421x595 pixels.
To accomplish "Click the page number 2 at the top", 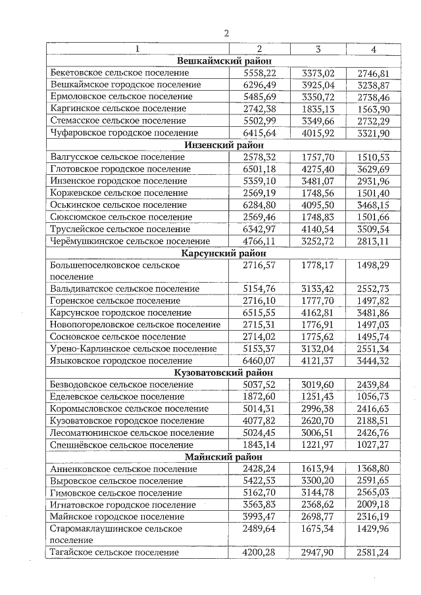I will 226,34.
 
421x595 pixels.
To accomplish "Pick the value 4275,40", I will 318,169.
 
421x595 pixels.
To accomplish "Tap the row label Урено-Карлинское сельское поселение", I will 134,349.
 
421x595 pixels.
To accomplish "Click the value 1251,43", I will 318,397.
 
